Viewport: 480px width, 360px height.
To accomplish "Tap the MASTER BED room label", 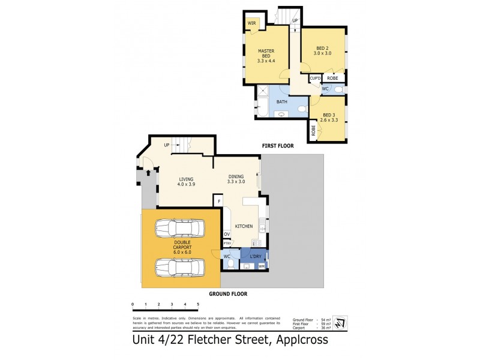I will tap(266, 55).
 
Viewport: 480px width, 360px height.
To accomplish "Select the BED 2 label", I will tap(323, 51).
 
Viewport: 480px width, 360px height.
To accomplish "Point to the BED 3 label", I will tap(328, 118).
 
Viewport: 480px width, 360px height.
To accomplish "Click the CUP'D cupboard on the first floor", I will tap(316, 79).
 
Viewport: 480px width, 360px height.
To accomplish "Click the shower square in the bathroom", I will tap(263, 92).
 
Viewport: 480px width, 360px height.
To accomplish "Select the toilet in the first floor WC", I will tap(338, 89).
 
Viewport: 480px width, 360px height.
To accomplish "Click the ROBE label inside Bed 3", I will tap(313, 129).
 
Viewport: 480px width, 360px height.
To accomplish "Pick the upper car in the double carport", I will tap(179, 228).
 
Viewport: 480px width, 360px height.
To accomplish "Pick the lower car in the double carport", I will tap(179, 265).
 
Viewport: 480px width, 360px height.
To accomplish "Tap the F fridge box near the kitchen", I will tap(220, 201).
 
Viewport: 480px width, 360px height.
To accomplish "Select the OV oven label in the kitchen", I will tap(227, 234).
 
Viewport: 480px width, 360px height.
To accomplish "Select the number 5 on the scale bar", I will tap(197, 305).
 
